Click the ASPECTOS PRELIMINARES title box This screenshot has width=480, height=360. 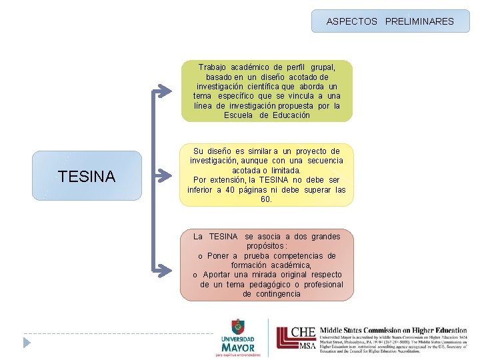tap(390, 21)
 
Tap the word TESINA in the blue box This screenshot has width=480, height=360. tap(87, 177)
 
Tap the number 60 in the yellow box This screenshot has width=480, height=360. tap(265, 199)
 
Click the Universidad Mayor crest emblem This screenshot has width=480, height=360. tap(237, 327)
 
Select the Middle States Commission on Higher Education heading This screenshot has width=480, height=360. tap(393, 330)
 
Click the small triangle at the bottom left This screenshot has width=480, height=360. tap(27, 343)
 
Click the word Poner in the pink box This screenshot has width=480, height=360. tap(218, 256)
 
